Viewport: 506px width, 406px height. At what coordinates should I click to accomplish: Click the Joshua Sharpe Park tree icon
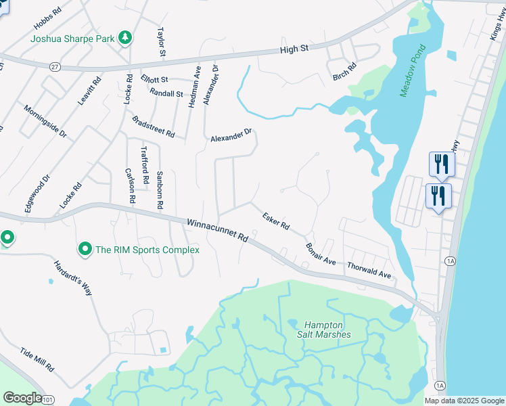click(x=124, y=38)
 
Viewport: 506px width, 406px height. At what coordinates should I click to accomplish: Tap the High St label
click(x=295, y=48)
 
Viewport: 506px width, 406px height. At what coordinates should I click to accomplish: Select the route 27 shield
click(x=55, y=66)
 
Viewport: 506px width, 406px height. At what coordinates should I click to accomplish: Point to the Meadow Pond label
click(x=413, y=71)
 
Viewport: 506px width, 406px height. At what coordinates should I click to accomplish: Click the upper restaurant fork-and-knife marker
click(x=441, y=163)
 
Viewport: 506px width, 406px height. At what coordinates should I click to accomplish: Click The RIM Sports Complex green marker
click(x=85, y=250)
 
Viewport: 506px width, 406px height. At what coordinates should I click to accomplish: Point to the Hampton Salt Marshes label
click(x=327, y=330)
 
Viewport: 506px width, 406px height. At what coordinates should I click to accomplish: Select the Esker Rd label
click(x=276, y=220)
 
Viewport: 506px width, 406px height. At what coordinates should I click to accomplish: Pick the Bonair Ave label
click(x=320, y=254)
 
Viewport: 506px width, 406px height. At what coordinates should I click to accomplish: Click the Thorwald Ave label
click(x=369, y=271)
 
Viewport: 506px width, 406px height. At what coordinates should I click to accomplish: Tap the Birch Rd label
click(x=344, y=76)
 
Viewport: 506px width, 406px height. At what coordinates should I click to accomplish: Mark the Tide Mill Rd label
click(x=37, y=360)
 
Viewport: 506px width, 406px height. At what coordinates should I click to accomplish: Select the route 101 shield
click(x=47, y=401)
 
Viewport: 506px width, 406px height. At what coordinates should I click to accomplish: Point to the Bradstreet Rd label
click(x=153, y=127)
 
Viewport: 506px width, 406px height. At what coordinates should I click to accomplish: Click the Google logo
click(x=22, y=397)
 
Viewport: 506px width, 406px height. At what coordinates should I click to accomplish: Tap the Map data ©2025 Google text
click(x=464, y=401)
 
